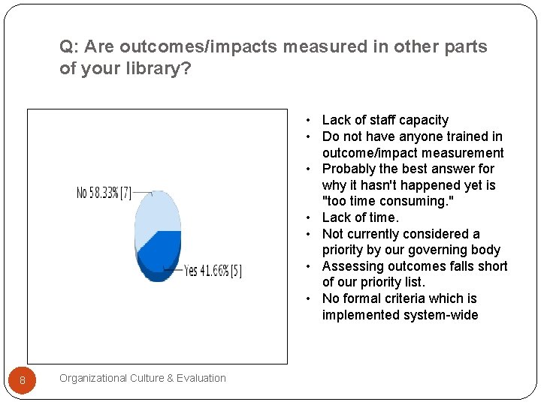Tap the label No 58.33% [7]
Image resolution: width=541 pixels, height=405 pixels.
[x=104, y=193]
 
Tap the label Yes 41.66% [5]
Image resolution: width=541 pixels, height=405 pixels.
[x=213, y=271]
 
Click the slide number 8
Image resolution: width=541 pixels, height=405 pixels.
[x=23, y=381]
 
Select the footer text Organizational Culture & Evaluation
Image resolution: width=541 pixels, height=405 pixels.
[x=143, y=378]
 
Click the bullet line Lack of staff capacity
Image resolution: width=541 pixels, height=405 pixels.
[x=385, y=120]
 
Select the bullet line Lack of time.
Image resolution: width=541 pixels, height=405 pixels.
[x=360, y=217]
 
